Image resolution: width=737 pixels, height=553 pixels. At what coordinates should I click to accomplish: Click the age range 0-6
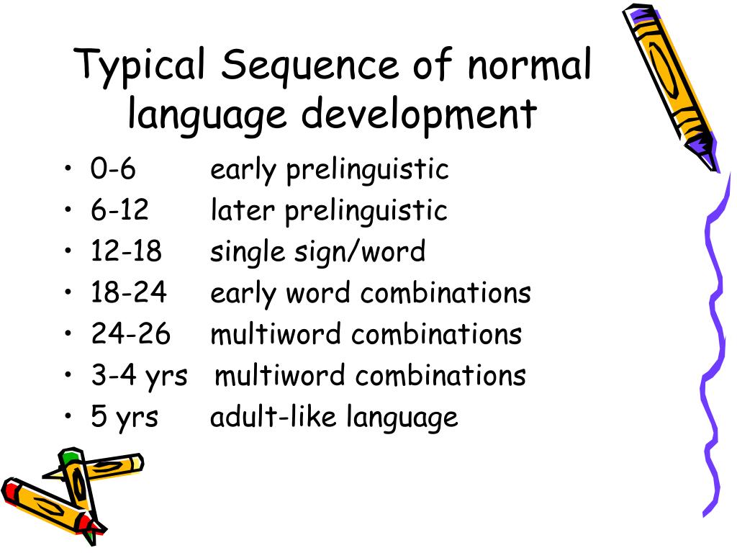(x=113, y=170)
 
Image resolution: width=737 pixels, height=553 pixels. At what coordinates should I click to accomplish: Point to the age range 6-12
(x=119, y=211)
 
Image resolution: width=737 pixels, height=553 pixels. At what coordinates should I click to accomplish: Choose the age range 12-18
(x=127, y=252)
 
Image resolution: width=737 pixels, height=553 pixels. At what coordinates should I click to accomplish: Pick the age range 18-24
(x=129, y=293)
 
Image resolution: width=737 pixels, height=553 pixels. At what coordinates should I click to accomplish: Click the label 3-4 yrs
(x=139, y=376)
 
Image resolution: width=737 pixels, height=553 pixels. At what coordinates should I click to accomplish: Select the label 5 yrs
(x=125, y=418)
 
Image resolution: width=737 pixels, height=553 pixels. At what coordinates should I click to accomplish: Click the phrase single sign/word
(x=317, y=253)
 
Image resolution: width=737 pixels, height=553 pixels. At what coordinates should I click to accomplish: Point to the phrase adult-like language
(x=334, y=418)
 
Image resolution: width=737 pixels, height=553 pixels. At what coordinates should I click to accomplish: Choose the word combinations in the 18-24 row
(x=446, y=293)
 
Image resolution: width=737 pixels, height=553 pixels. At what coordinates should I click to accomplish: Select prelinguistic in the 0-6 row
(x=367, y=171)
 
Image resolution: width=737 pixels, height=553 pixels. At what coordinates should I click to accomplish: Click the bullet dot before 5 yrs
(x=68, y=418)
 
